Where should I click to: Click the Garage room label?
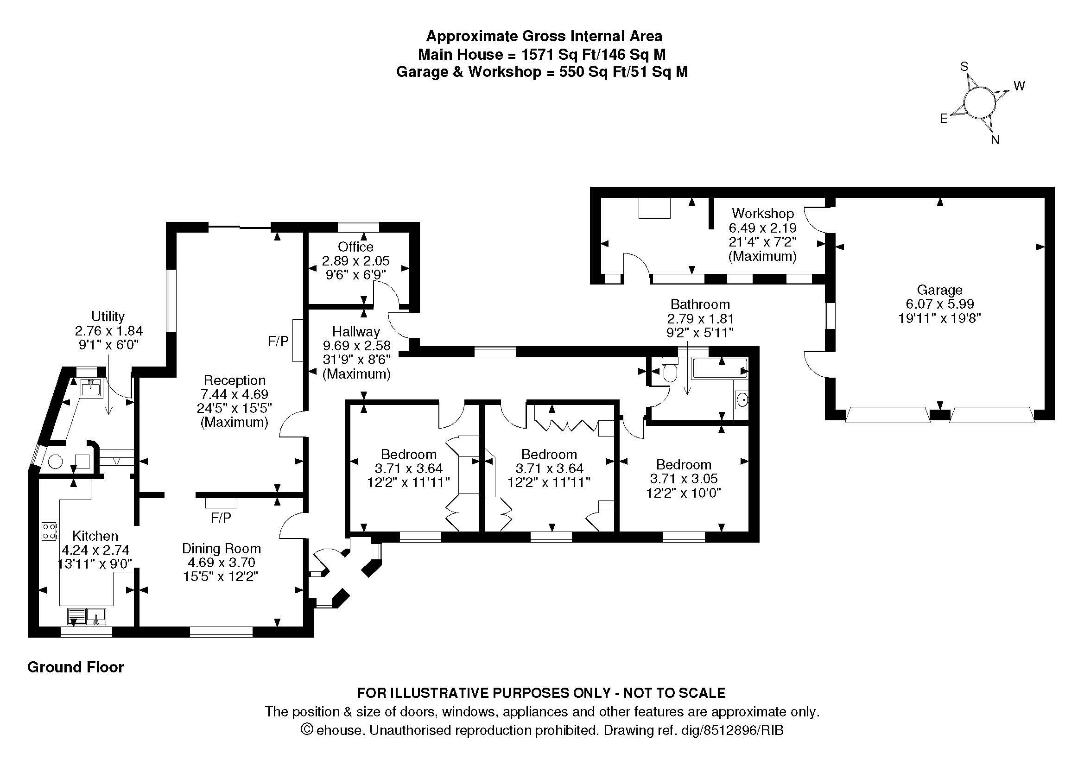(x=939, y=290)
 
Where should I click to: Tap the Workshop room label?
(x=762, y=213)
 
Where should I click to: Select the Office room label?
(x=355, y=247)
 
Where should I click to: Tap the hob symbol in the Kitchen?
(x=50, y=531)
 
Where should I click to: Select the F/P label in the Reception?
(x=278, y=341)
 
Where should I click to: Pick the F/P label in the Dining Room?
(x=221, y=518)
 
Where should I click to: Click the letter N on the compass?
(x=995, y=139)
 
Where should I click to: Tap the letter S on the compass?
(x=964, y=67)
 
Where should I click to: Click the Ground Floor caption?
(x=76, y=667)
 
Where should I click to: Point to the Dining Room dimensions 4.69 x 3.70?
(x=221, y=563)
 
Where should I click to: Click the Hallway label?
(x=356, y=331)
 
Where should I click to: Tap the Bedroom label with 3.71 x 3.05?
(x=683, y=464)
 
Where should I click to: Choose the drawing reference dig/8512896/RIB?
(x=732, y=730)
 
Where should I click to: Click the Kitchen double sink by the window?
(x=86, y=616)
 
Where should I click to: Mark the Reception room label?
(x=234, y=380)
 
